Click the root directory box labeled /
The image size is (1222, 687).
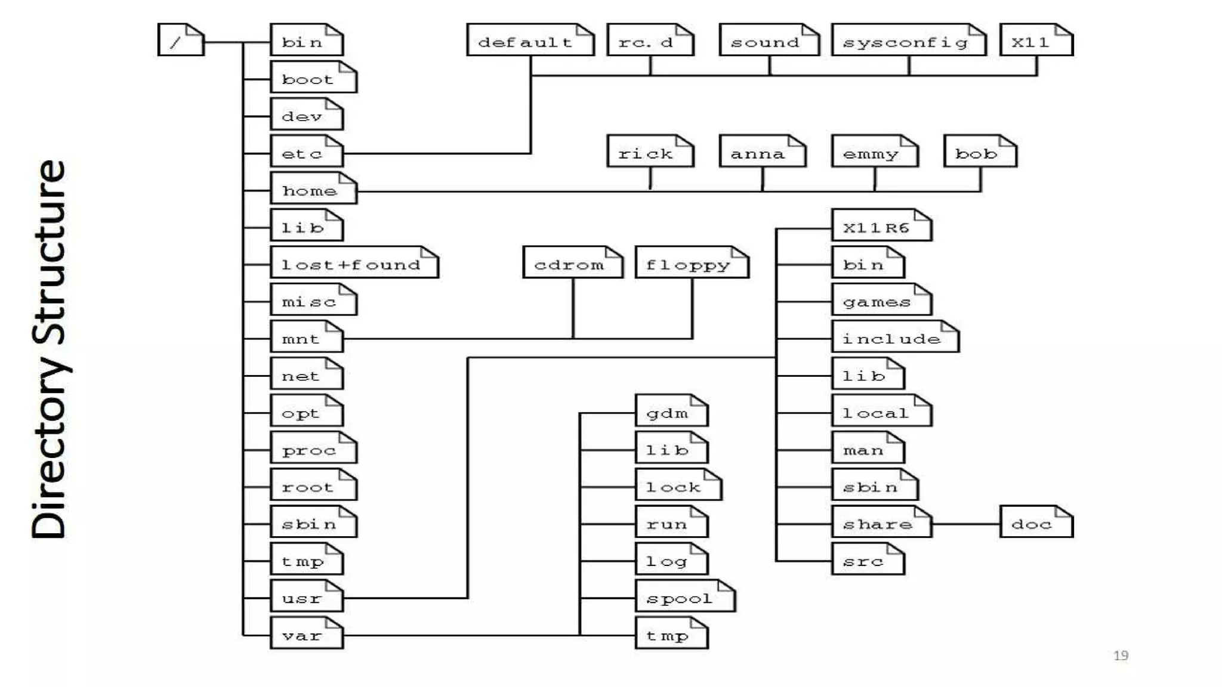(181, 40)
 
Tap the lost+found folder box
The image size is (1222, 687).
(354, 263)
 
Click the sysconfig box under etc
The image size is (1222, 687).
(908, 41)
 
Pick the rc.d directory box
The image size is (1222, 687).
(650, 41)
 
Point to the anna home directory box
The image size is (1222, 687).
(762, 151)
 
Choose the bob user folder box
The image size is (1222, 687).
(980, 151)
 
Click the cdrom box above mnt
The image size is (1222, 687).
(572, 263)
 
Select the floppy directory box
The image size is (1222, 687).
(692, 263)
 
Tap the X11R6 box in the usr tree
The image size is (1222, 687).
(881, 225)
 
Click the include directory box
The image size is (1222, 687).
(894, 338)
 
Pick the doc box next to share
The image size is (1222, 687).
(1036, 522)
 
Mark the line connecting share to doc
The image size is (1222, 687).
(965, 524)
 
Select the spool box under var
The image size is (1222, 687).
(684, 597)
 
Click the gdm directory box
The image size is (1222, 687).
(671, 411)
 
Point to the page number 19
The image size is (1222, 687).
(1121, 655)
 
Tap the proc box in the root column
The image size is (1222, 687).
(313, 448)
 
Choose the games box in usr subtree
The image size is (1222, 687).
(881, 300)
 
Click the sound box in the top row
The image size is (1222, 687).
(769, 41)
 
